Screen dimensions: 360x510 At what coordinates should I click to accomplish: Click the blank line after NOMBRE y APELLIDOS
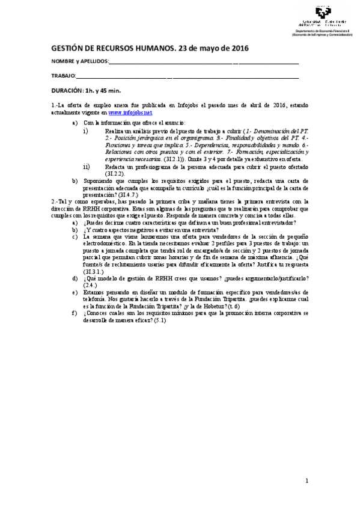pos(204,63)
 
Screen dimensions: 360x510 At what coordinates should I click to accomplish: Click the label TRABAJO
pos(63,76)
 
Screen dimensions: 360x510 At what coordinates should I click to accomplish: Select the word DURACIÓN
pos(67,90)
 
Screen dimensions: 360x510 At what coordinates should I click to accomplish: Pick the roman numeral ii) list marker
pos(87,167)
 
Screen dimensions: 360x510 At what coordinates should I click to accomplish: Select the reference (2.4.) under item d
pos(91,285)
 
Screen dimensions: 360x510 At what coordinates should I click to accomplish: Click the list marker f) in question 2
pos(74,313)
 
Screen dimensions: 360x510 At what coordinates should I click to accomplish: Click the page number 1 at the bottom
pos(307,480)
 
